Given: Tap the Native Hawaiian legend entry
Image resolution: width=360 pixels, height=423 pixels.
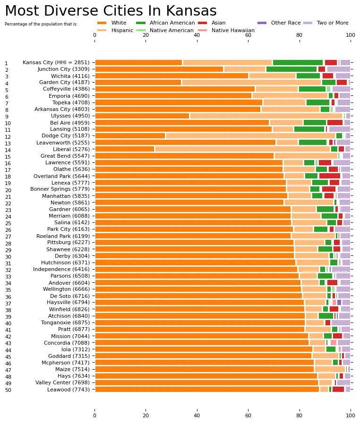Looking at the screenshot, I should coord(233,30).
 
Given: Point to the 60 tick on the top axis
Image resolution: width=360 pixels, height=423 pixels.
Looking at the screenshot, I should coord(248,35).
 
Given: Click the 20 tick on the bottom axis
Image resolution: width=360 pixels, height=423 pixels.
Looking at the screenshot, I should coord(146,415).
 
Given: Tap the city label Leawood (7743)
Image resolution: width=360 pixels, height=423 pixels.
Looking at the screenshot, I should coord(68,389).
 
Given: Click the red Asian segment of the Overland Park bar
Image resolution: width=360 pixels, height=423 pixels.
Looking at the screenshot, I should coord(329,176).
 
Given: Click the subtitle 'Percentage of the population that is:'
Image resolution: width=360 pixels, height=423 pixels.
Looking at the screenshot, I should coord(41,24).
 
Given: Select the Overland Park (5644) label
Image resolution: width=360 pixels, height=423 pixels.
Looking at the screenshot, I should coord(61,176).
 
